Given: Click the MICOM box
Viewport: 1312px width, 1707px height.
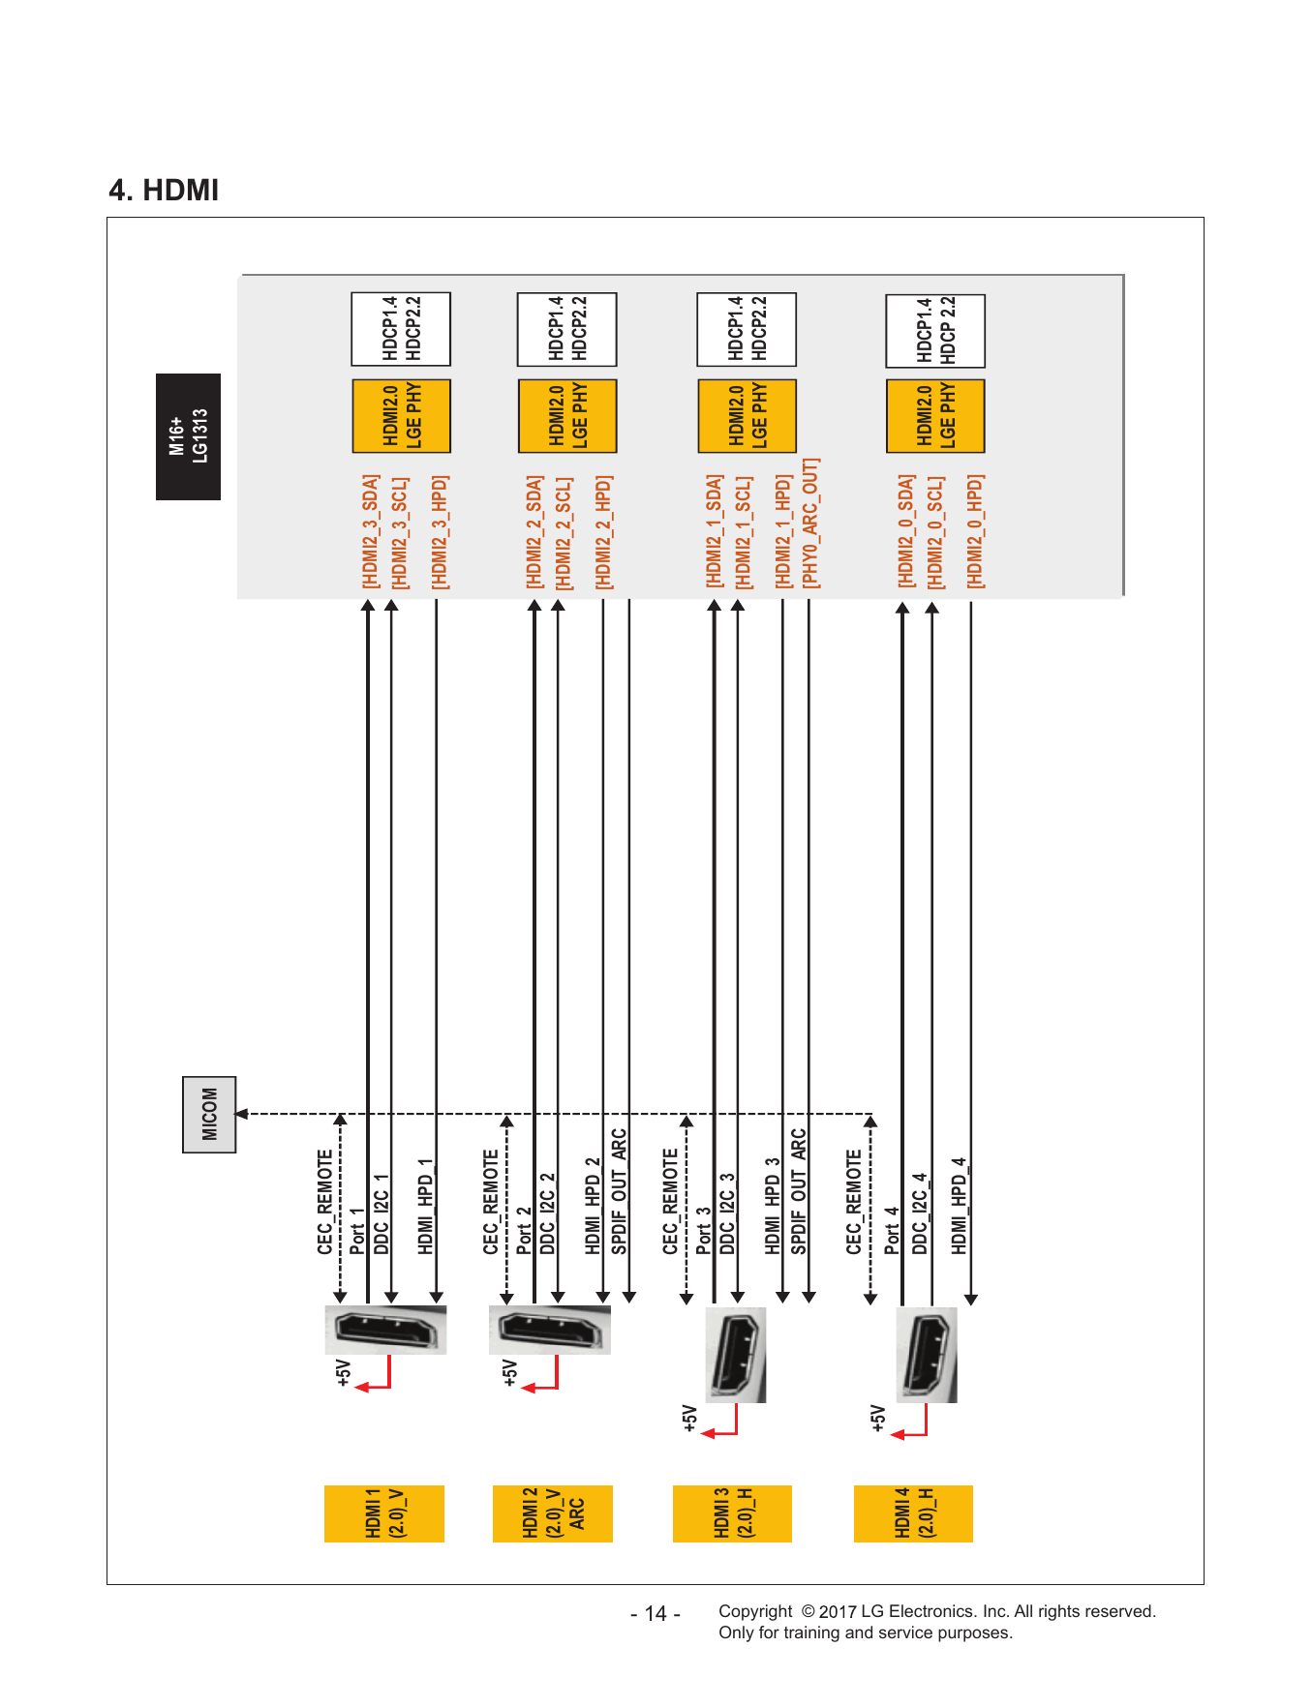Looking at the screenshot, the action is pos(209,1114).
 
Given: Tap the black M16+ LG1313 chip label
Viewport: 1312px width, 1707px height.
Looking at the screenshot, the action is pos(188,436).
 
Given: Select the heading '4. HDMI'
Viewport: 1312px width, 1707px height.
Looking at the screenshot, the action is pos(164,190).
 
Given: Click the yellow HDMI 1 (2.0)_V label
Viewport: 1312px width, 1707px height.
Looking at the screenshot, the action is pos(384,1513).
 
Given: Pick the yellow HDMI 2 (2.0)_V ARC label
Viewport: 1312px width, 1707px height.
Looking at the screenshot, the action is pos(553,1513).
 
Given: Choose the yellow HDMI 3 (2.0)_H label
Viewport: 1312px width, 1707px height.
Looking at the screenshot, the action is pos(732,1513).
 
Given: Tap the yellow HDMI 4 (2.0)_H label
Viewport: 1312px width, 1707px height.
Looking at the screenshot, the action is pos(913,1513).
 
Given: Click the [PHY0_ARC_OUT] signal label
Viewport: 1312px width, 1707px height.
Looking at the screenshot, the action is pos(810,524).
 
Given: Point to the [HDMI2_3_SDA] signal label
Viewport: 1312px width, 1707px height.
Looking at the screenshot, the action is pos(370,531).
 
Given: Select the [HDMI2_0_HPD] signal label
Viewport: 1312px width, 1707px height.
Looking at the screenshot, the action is pos(975,531).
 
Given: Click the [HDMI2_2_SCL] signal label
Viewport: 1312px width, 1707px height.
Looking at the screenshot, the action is pos(564,532).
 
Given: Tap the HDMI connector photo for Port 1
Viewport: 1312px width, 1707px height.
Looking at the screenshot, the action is pos(385,1330).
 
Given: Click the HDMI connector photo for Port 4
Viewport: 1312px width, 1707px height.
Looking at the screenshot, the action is pos(927,1355).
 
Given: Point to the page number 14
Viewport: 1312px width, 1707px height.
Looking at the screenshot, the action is pos(656,1614).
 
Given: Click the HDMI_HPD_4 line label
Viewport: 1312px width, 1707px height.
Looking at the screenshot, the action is pos(959,1206).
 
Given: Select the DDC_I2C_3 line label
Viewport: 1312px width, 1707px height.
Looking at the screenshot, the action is pos(727,1213).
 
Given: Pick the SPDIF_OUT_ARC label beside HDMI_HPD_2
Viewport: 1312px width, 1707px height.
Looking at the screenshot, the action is pos(619,1191).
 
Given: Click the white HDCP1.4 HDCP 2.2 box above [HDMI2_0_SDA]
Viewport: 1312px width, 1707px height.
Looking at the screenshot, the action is pos(935,331).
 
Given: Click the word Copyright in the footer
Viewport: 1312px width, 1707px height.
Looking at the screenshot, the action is pos(755,1611).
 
